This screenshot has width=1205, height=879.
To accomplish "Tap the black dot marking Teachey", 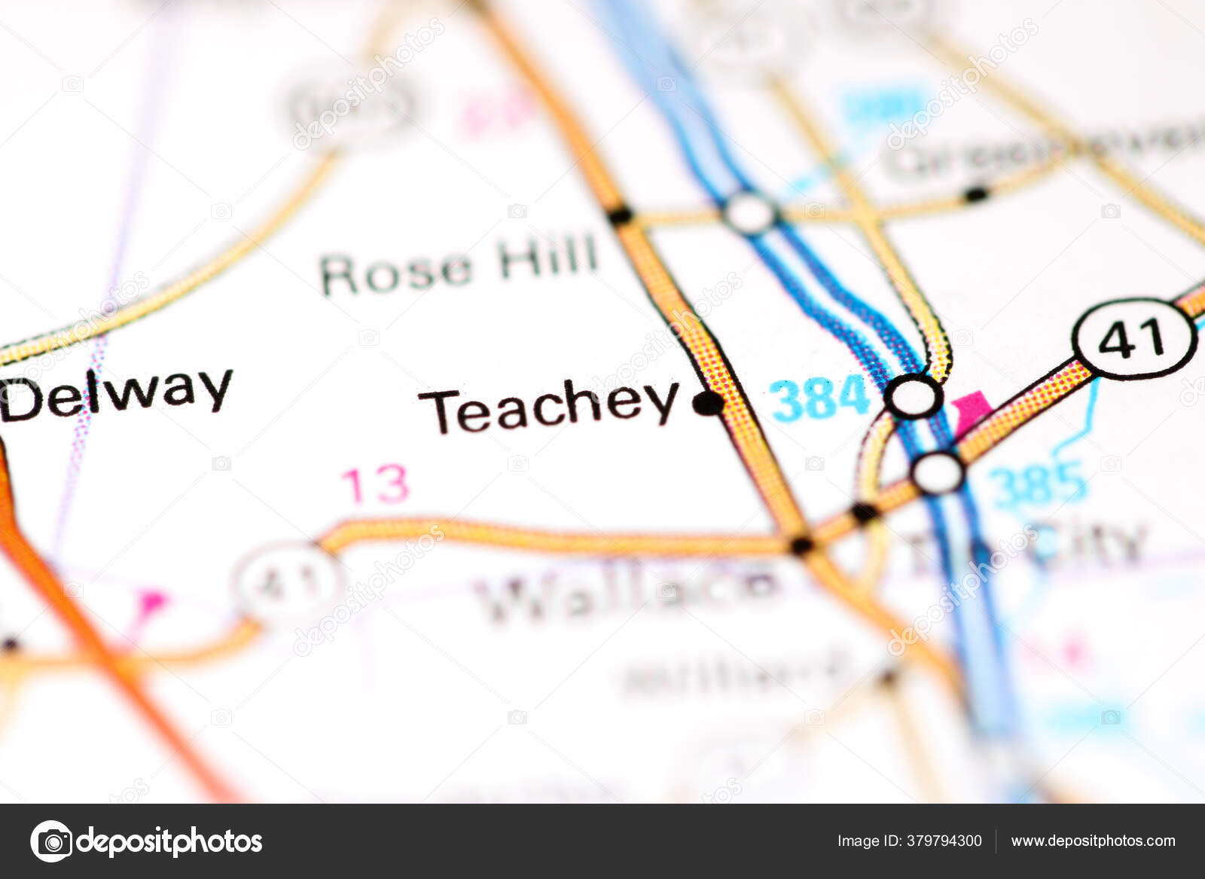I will (708, 404).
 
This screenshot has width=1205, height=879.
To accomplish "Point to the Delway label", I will (117, 395).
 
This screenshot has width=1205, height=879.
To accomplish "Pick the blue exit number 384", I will (820, 398).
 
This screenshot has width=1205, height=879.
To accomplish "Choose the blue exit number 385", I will (1038, 484).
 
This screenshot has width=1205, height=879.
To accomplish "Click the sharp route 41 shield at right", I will (1134, 338).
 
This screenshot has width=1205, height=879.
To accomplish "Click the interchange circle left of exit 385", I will (938, 472).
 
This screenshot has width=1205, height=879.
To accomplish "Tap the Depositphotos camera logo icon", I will (51, 841).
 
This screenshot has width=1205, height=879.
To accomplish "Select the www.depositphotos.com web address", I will (1093, 841).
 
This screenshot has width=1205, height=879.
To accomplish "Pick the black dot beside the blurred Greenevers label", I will (976, 195).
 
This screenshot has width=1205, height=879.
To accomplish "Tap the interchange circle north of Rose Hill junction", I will (750, 214).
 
